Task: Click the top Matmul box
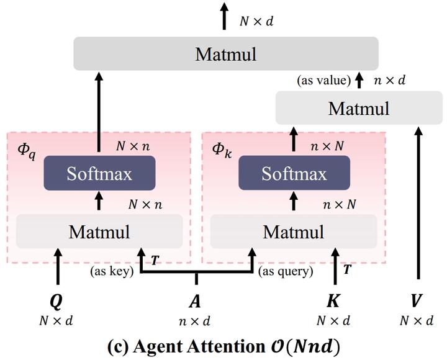coord(226,53)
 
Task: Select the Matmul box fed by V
coord(359,109)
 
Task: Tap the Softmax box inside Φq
coord(99,173)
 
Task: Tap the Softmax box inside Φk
coord(294,173)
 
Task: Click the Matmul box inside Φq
coord(99,232)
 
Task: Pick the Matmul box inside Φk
coord(294,232)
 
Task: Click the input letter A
coord(195,302)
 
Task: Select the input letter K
coord(333,302)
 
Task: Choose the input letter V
coord(417,302)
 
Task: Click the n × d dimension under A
coord(195,321)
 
